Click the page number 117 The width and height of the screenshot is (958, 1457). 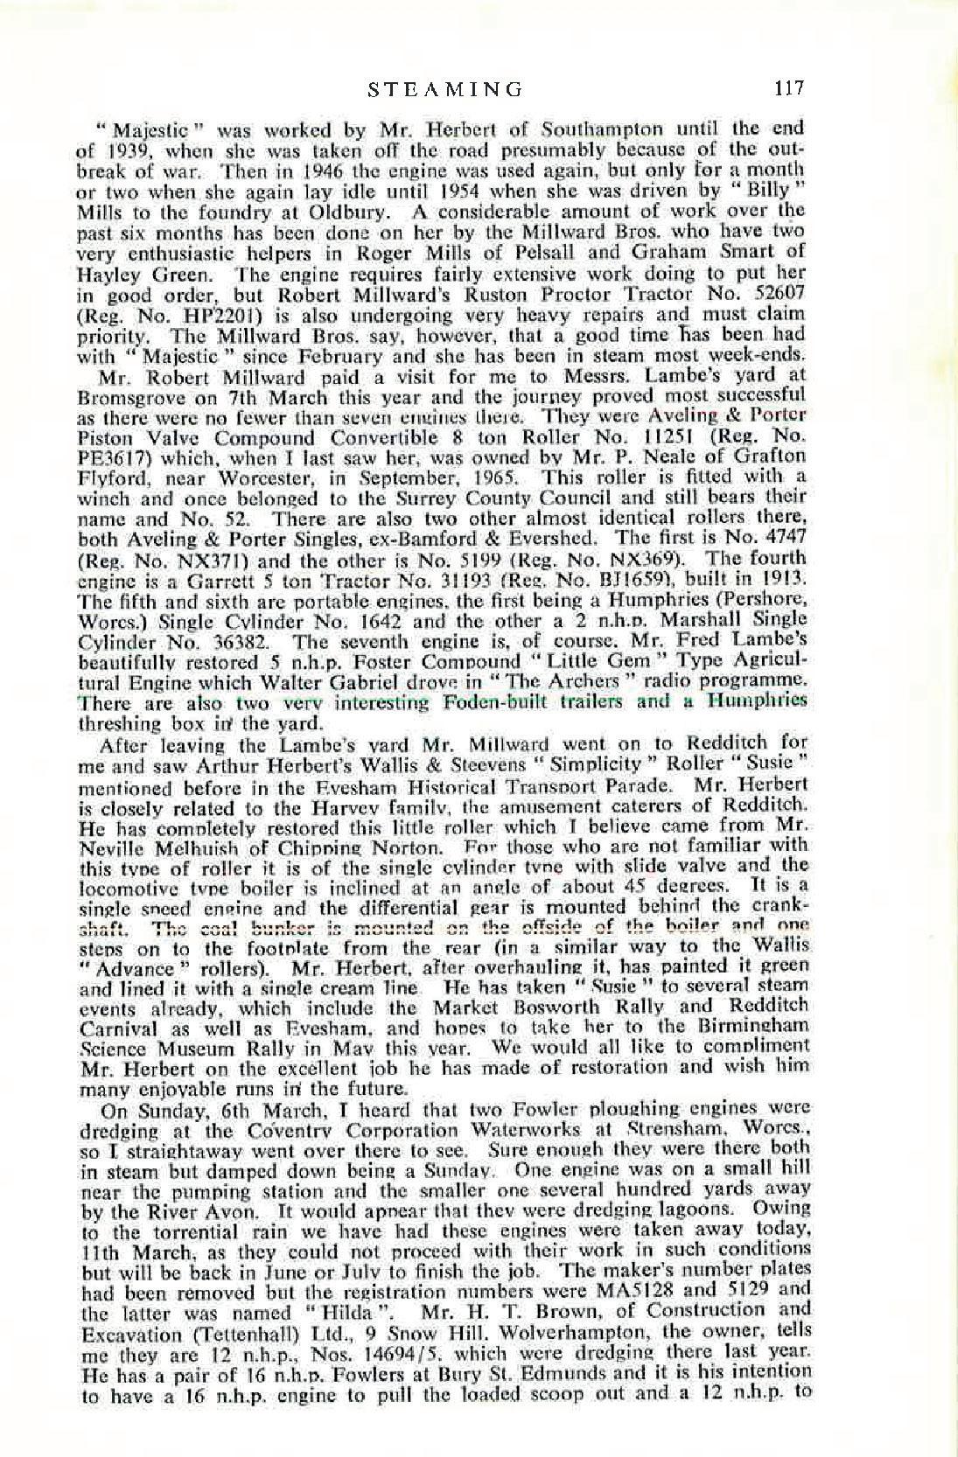point(787,88)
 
